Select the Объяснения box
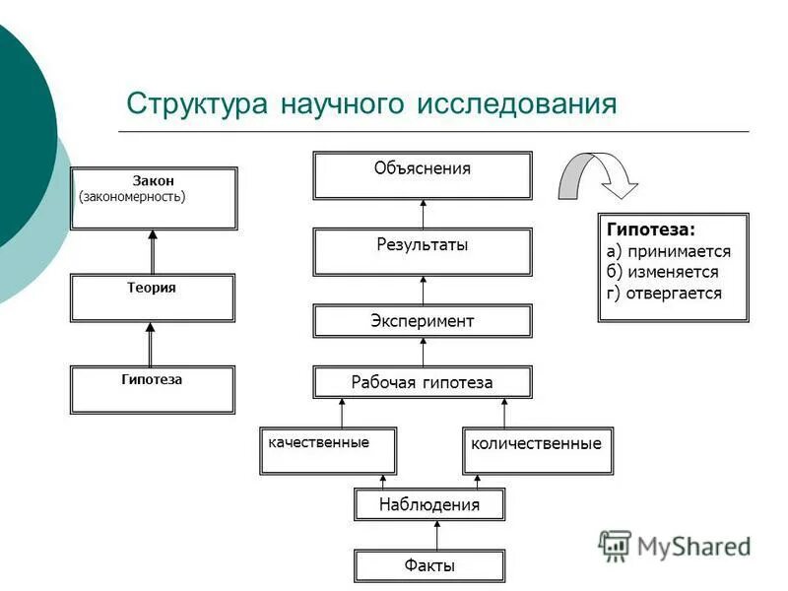423,175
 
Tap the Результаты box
423,252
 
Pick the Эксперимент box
423,321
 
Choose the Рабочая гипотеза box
423,382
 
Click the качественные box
328,450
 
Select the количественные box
537,450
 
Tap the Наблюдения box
429,505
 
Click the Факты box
429,565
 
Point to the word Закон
154,180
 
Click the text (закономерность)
132,196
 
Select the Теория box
153,297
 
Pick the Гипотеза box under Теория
153,389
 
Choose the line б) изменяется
663,272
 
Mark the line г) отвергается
664,293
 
